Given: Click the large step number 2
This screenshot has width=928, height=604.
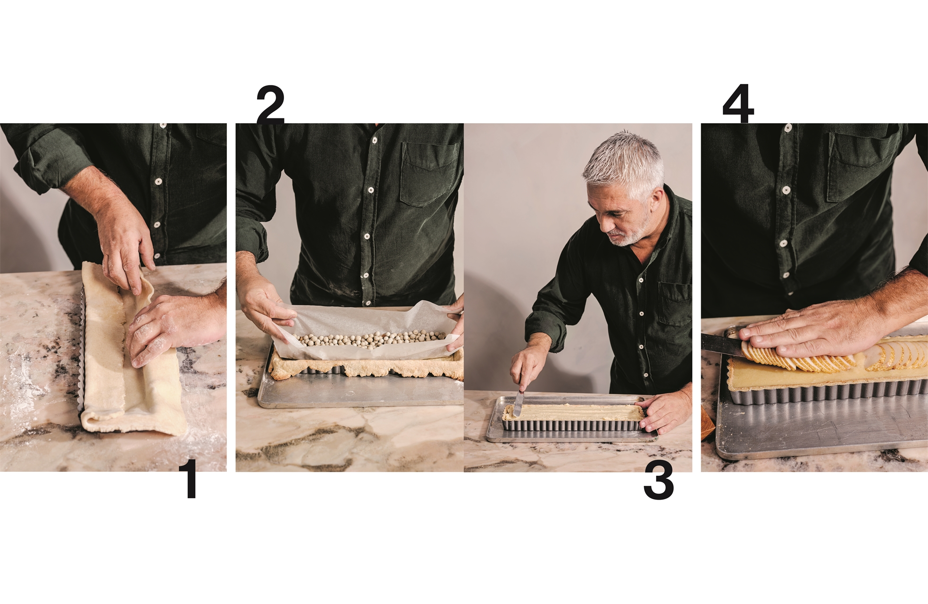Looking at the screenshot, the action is [270, 105].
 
